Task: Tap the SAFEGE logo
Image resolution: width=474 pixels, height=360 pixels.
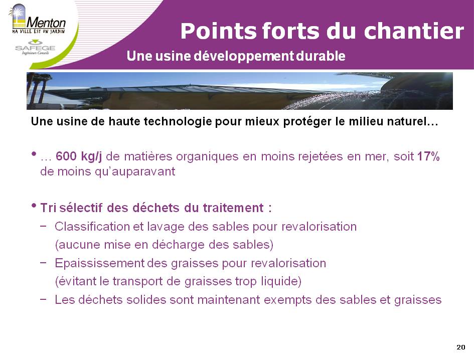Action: [x=36, y=48]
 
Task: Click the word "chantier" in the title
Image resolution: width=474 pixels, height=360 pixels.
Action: [x=414, y=31]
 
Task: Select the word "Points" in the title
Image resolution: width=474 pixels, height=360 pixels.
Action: [x=218, y=31]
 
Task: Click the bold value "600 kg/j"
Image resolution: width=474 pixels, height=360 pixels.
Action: [x=79, y=156]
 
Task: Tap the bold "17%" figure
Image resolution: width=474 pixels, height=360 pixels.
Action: [x=428, y=156]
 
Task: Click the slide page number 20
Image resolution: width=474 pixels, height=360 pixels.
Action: [x=461, y=347]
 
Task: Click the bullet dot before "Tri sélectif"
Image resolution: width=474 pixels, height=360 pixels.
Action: [x=34, y=206]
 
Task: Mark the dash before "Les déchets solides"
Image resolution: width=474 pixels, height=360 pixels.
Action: [x=43, y=299]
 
